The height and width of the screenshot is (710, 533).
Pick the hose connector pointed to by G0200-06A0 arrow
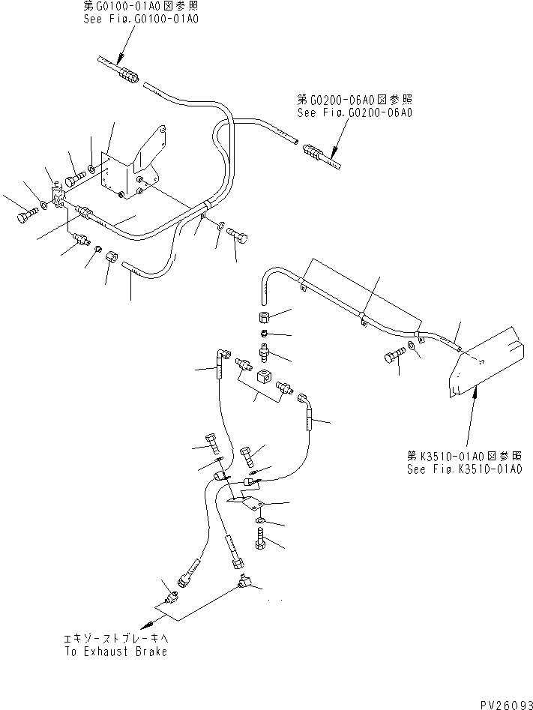pyautogui.click(x=316, y=154)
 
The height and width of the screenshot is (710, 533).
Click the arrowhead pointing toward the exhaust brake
pyautogui.click(x=154, y=624)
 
